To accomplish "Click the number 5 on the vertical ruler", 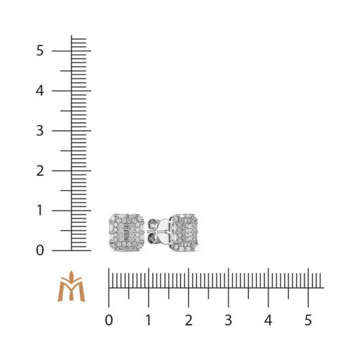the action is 39,50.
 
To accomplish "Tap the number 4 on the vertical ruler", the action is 39,91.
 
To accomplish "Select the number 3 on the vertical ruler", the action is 39,130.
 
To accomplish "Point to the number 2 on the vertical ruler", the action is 40,170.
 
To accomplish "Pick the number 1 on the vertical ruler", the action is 40,211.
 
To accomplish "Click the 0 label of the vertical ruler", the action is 40,251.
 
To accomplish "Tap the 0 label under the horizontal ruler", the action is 109,321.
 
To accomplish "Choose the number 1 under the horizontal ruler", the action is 149,321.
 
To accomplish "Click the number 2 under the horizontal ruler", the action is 189,321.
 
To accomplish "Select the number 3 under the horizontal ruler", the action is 228,321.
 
